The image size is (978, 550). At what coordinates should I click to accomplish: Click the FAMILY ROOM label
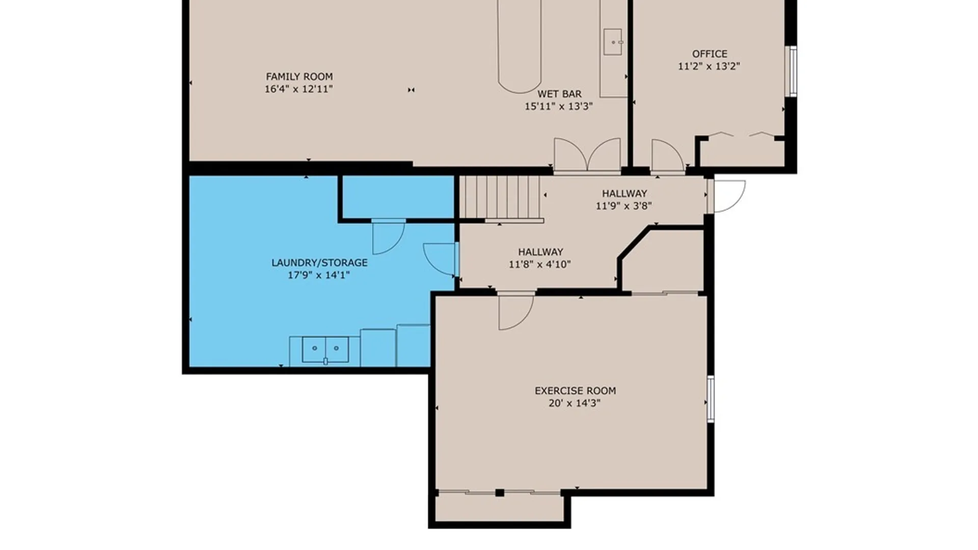[299, 76]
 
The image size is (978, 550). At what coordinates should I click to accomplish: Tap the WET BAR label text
[559, 94]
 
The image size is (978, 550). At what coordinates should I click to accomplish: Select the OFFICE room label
[709, 53]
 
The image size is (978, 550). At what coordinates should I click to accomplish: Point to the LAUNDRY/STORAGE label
[319, 263]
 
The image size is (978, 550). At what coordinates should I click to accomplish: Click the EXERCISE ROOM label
[575, 391]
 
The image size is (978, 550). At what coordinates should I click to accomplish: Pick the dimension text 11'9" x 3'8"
[624, 206]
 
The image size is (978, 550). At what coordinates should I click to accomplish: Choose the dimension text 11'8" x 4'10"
[540, 264]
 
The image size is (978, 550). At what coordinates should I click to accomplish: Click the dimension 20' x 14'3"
[575, 403]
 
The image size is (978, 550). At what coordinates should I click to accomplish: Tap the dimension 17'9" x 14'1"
[319, 276]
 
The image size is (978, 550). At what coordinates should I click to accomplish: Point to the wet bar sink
[613, 42]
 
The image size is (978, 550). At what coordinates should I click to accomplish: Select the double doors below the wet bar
[587, 154]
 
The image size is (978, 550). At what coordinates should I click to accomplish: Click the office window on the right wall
[793, 71]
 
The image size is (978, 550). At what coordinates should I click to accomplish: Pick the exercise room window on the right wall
[711, 399]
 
